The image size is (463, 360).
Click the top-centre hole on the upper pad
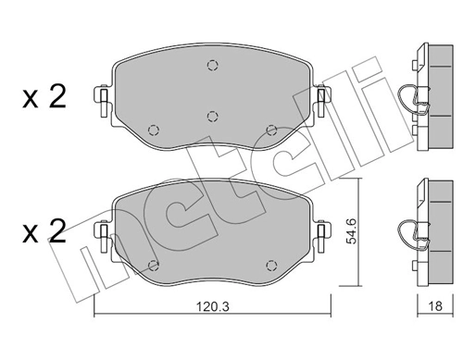pos(212,65)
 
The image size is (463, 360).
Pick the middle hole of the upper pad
pos(212,116)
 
